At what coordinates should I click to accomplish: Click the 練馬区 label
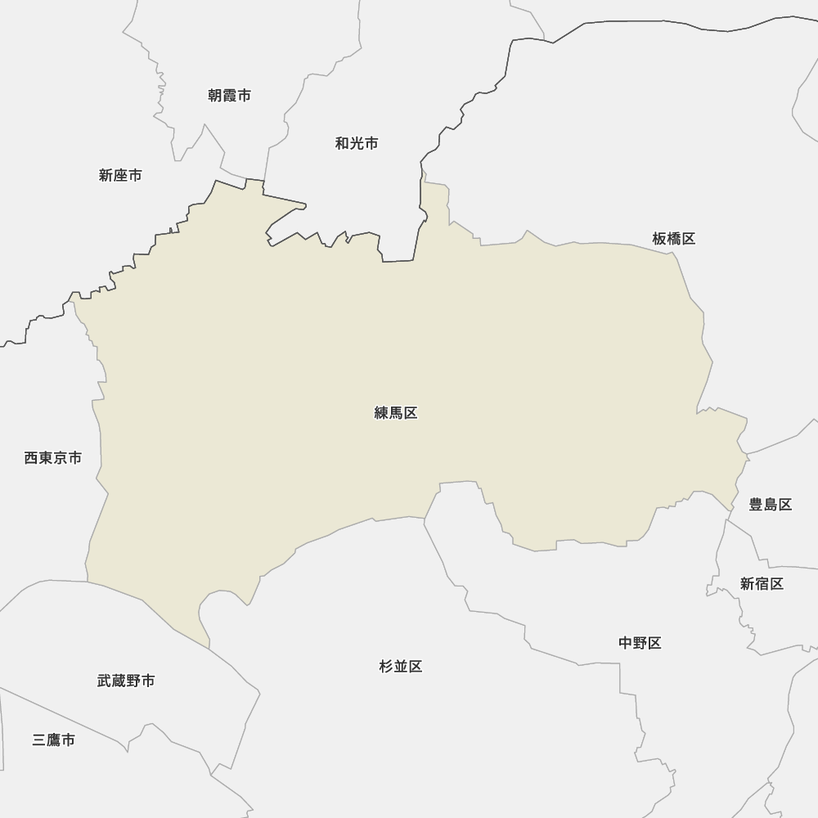point(396,413)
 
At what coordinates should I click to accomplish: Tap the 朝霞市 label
point(229,96)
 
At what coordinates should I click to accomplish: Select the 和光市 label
point(357,143)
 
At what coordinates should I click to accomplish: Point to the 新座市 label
point(120,175)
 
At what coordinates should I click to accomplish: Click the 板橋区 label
point(674,239)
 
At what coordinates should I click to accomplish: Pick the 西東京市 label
point(53,458)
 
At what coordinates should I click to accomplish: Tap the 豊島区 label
point(771,505)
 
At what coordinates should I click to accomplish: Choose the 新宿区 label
point(762,583)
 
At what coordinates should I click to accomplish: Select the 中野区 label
point(640,643)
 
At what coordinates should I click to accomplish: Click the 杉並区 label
point(401,667)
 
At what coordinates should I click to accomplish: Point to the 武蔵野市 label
point(126,681)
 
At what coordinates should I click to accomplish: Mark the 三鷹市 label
point(54,740)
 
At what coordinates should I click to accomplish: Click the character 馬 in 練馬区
point(396,413)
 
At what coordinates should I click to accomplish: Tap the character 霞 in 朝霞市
point(229,96)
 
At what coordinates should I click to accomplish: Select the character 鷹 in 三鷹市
point(54,740)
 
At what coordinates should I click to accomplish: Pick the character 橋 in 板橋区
point(674,239)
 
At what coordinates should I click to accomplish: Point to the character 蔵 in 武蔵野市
point(119,681)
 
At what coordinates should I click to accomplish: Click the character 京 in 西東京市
point(61,458)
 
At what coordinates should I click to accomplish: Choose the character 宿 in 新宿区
point(762,583)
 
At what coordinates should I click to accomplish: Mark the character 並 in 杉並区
point(401,667)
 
